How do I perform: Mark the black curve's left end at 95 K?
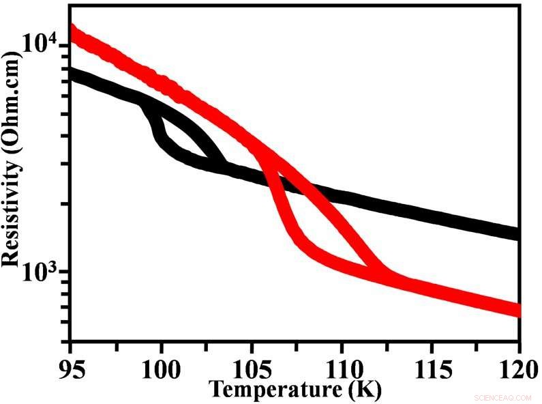[73, 74]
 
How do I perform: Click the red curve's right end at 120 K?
[517, 311]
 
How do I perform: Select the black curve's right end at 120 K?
[517, 233]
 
